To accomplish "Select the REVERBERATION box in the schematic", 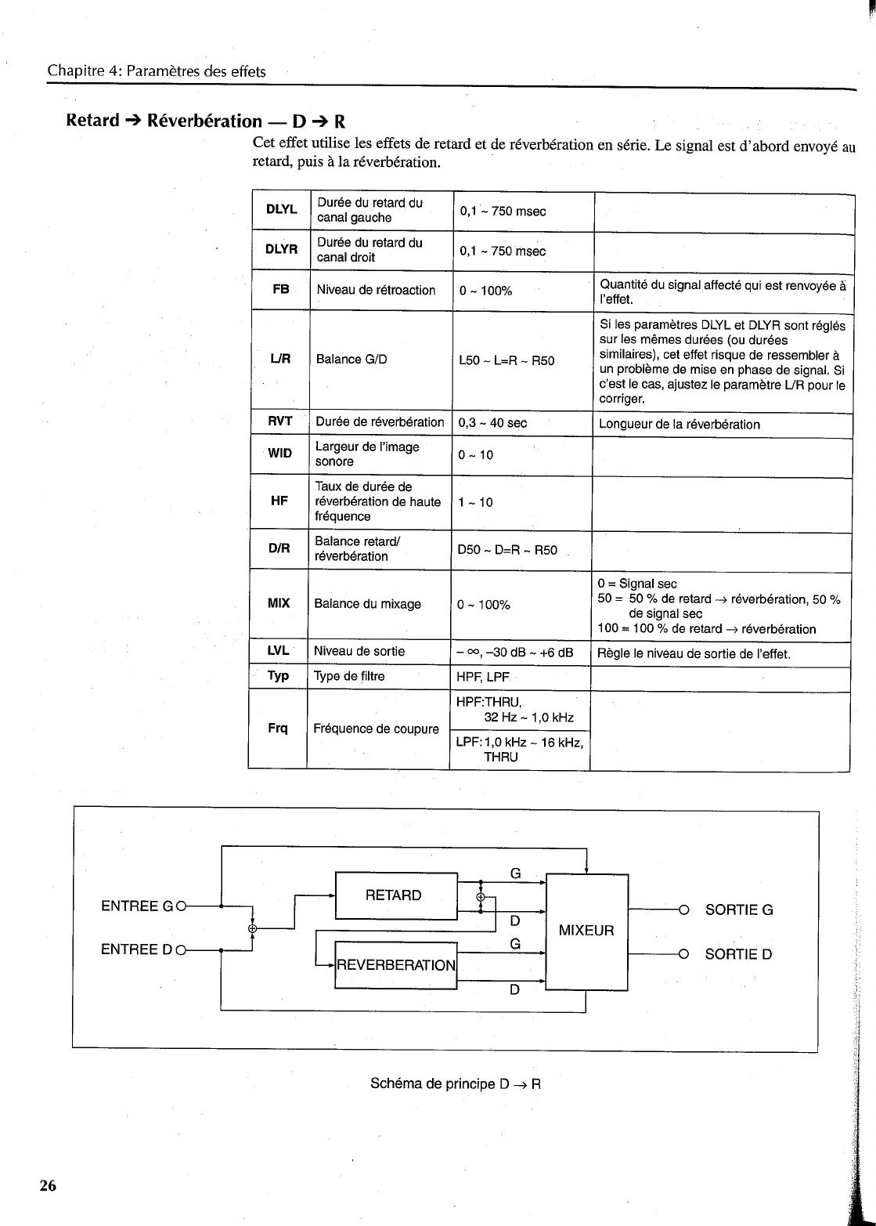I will (395, 965).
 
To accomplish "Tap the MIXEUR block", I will (586, 931).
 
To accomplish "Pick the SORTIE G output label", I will (738, 910).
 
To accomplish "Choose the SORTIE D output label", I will (738, 954).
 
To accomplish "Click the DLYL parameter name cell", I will (281, 210).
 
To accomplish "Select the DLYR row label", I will (281, 250).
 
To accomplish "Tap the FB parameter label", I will (281, 290).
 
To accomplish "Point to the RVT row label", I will (280, 421).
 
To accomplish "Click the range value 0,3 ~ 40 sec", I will (492, 423).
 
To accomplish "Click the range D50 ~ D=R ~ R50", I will (506, 550).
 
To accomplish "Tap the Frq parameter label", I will (278, 729).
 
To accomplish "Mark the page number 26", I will (48, 1186).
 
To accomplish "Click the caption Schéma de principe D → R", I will (456, 1085).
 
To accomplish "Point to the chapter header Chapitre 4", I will (157, 71).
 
